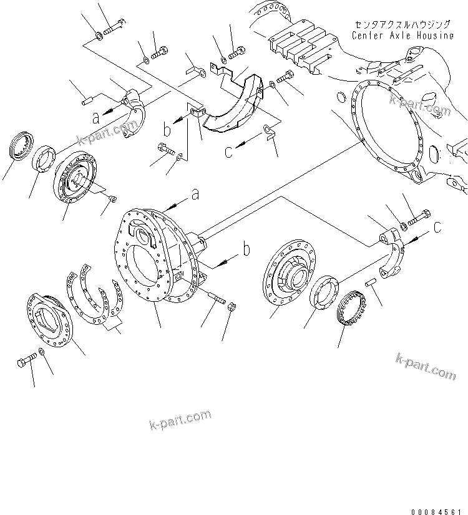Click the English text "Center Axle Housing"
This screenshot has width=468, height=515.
(x=402, y=36)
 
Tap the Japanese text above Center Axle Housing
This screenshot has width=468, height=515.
(x=402, y=24)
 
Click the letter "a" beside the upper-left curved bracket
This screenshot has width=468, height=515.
(x=95, y=116)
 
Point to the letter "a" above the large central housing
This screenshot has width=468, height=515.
(x=195, y=195)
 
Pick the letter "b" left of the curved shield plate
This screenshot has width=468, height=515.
(x=167, y=130)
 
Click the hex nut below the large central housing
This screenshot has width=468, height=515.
(x=229, y=306)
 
